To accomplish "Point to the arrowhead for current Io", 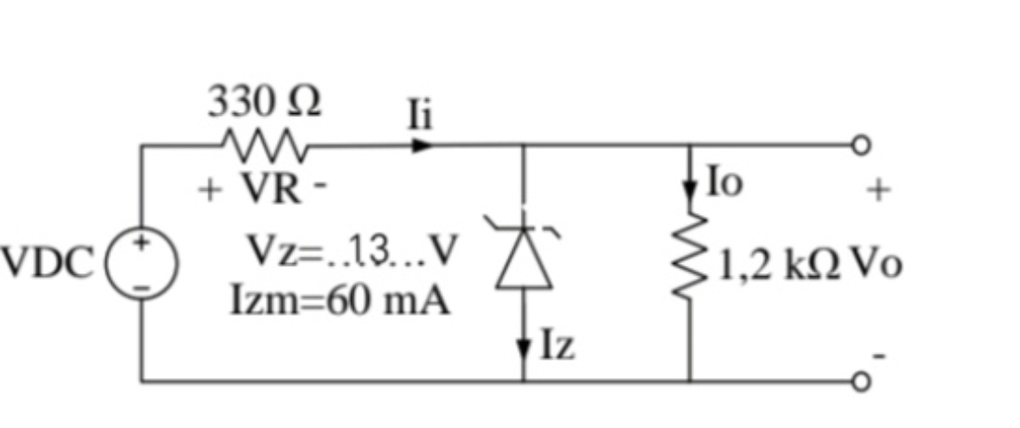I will click(x=690, y=193).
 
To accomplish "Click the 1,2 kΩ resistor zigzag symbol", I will click(x=690, y=255).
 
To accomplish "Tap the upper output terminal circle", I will click(x=862, y=145).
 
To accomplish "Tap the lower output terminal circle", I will click(x=862, y=382).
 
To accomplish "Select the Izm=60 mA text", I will click(x=340, y=301).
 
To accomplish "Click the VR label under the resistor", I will click(x=271, y=190).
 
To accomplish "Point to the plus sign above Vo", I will click(x=877, y=190).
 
